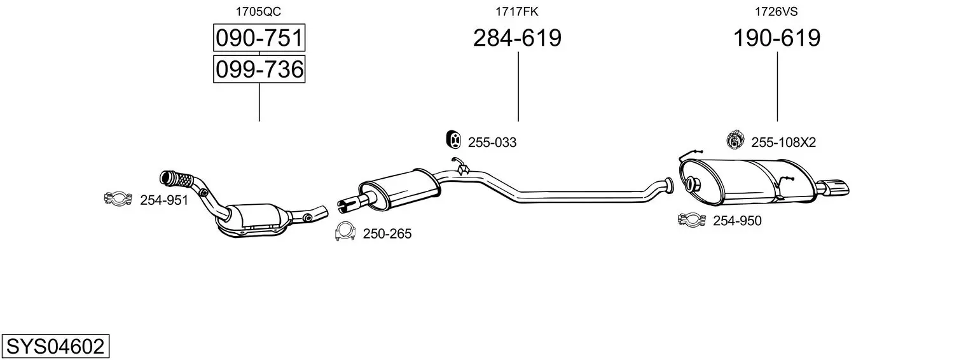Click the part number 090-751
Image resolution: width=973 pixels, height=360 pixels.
point(259,38)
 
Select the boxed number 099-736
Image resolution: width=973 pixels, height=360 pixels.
point(259,69)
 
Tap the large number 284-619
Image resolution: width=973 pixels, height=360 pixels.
point(517,38)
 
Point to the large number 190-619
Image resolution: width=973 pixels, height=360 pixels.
point(777,38)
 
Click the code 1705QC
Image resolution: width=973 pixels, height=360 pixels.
point(258,11)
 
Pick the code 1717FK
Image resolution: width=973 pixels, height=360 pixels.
point(517,11)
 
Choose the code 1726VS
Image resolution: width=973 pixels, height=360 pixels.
point(776,11)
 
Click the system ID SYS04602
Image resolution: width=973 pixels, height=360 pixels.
point(55,347)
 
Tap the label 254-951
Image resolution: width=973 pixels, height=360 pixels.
point(164,200)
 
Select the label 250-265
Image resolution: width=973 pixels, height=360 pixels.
point(387,234)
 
